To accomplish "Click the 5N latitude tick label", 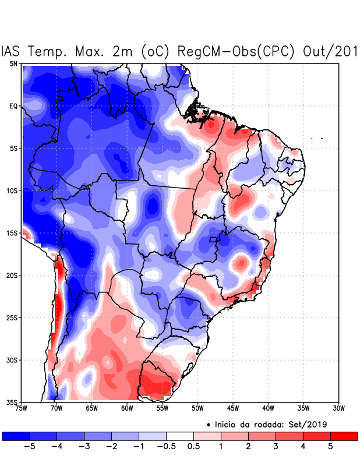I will point(13,63).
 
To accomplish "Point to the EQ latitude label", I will point(13,106).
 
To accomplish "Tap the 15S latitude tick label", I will point(12,233).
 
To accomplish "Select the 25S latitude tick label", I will point(12,317).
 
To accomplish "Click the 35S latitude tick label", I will point(12,402).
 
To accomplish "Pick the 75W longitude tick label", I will point(22,408).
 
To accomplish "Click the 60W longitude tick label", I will point(126,408).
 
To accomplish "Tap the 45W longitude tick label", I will point(232,408).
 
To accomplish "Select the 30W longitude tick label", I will point(338,408).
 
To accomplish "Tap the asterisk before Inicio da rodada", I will point(208,424).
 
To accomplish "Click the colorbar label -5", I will point(29,447).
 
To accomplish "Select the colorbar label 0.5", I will point(193,447).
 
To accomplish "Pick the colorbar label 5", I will point(330,447).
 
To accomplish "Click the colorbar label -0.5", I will point(166,447).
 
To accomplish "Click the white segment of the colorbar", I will point(180,436).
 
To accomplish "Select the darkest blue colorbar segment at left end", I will point(16,436).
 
